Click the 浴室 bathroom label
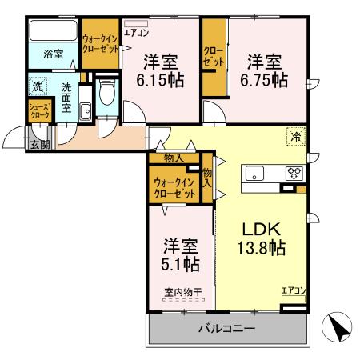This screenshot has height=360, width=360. pos(54,54)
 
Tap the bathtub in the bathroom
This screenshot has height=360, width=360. pos(54,30)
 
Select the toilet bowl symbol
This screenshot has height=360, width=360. pos(107,92)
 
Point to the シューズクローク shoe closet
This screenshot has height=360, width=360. pos(40,111)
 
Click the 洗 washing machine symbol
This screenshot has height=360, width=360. pos(38,86)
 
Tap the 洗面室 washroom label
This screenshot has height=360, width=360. pos(66,98)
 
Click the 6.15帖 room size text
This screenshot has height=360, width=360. pos(160,80)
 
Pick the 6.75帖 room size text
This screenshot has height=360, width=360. pos(264,80)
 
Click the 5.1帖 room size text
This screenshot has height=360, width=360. pos(180,264)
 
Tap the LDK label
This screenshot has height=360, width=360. pos(261,229)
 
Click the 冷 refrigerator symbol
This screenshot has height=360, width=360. pos(296,137)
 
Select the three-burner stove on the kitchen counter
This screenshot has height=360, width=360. pos(294,173)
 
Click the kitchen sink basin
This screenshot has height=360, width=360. pos(254,173)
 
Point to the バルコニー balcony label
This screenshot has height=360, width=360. pos(226,328)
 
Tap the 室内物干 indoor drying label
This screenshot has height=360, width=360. pos(183,292)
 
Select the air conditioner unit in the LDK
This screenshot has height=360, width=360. pos(294,298)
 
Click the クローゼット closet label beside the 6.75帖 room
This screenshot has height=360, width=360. pos(214,57)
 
